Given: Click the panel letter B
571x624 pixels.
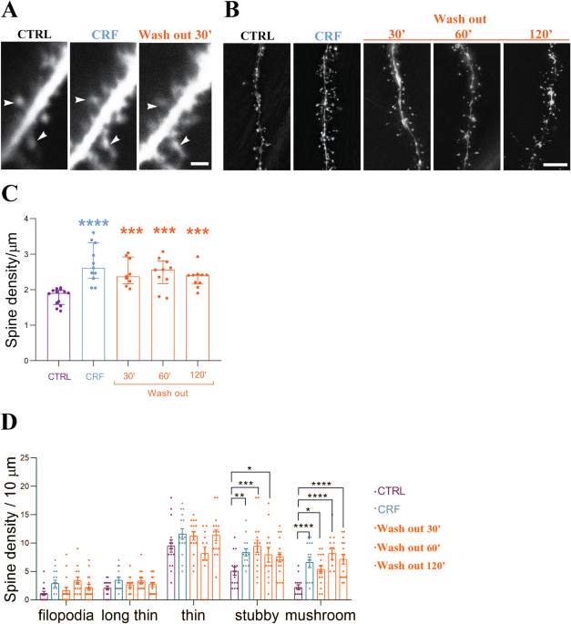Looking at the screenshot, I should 231,11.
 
